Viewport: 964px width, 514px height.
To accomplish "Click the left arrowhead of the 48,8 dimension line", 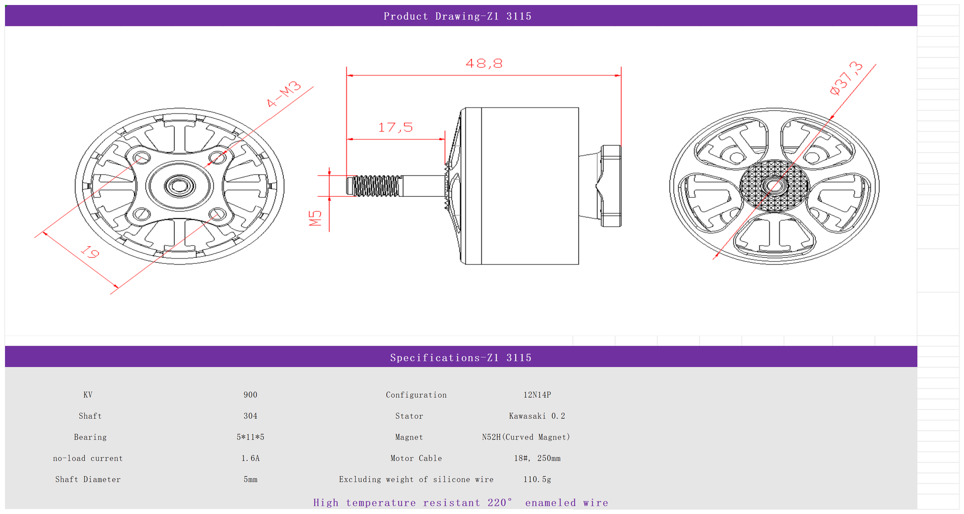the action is click(x=350, y=75).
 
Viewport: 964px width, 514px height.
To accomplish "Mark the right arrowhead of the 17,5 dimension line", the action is click(x=442, y=139).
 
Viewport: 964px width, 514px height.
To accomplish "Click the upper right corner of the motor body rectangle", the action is click(x=579, y=108).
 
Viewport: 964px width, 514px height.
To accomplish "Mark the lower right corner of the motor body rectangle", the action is click(x=579, y=264).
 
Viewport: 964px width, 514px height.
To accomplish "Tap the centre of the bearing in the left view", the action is click(x=179, y=186).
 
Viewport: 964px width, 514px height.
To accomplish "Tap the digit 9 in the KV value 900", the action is click(x=246, y=395).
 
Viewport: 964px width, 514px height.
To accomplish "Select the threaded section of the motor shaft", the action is click(x=375, y=186).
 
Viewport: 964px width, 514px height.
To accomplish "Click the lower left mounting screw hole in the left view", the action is click(x=142, y=215).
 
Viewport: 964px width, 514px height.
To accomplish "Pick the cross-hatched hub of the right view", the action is click(x=774, y=186).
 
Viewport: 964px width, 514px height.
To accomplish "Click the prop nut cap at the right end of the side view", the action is click(x=611, y=186).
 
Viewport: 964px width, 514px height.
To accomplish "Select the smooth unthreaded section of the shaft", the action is click(x=422, y=186).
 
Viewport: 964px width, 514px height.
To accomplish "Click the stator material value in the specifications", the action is click(x=537, y=416).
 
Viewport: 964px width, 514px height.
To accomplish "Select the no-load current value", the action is click(x=250, y=458).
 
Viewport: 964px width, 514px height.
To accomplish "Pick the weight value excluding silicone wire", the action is click(x=537, y=479).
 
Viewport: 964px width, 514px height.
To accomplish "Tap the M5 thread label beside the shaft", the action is click(x=316, y=218).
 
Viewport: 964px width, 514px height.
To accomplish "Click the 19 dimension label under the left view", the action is click(x=90, y=252).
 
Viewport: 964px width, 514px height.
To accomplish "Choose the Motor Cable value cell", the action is click(x=537, y=458).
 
